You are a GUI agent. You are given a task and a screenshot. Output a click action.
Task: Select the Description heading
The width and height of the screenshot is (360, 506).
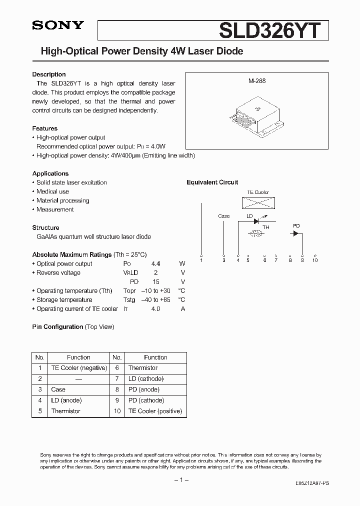[49, 74]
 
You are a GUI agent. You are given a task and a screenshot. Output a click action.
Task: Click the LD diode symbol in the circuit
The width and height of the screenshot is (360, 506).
[257, 220]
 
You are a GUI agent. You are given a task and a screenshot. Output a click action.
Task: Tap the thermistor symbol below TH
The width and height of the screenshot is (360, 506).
[256, 233]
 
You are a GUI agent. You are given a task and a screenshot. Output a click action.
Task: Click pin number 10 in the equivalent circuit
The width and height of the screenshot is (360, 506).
[314, 260]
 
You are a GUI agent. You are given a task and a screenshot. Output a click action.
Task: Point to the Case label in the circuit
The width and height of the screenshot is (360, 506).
[224, 216]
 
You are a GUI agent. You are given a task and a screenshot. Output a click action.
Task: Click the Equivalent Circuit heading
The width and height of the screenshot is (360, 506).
[212, 182]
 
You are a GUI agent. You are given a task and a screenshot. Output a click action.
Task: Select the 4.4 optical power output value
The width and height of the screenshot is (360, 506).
[156, 263]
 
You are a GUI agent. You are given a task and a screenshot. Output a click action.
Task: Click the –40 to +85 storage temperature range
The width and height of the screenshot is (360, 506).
[155, 299]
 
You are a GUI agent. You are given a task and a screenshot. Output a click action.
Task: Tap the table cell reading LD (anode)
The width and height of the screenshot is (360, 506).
[66, 400]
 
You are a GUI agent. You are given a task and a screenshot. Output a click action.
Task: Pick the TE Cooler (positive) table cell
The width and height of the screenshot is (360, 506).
[155, 411]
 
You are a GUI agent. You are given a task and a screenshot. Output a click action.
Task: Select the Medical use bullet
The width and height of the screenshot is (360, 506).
[52, 191]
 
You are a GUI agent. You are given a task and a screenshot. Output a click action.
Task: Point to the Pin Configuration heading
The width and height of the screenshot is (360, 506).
[57, 326]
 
